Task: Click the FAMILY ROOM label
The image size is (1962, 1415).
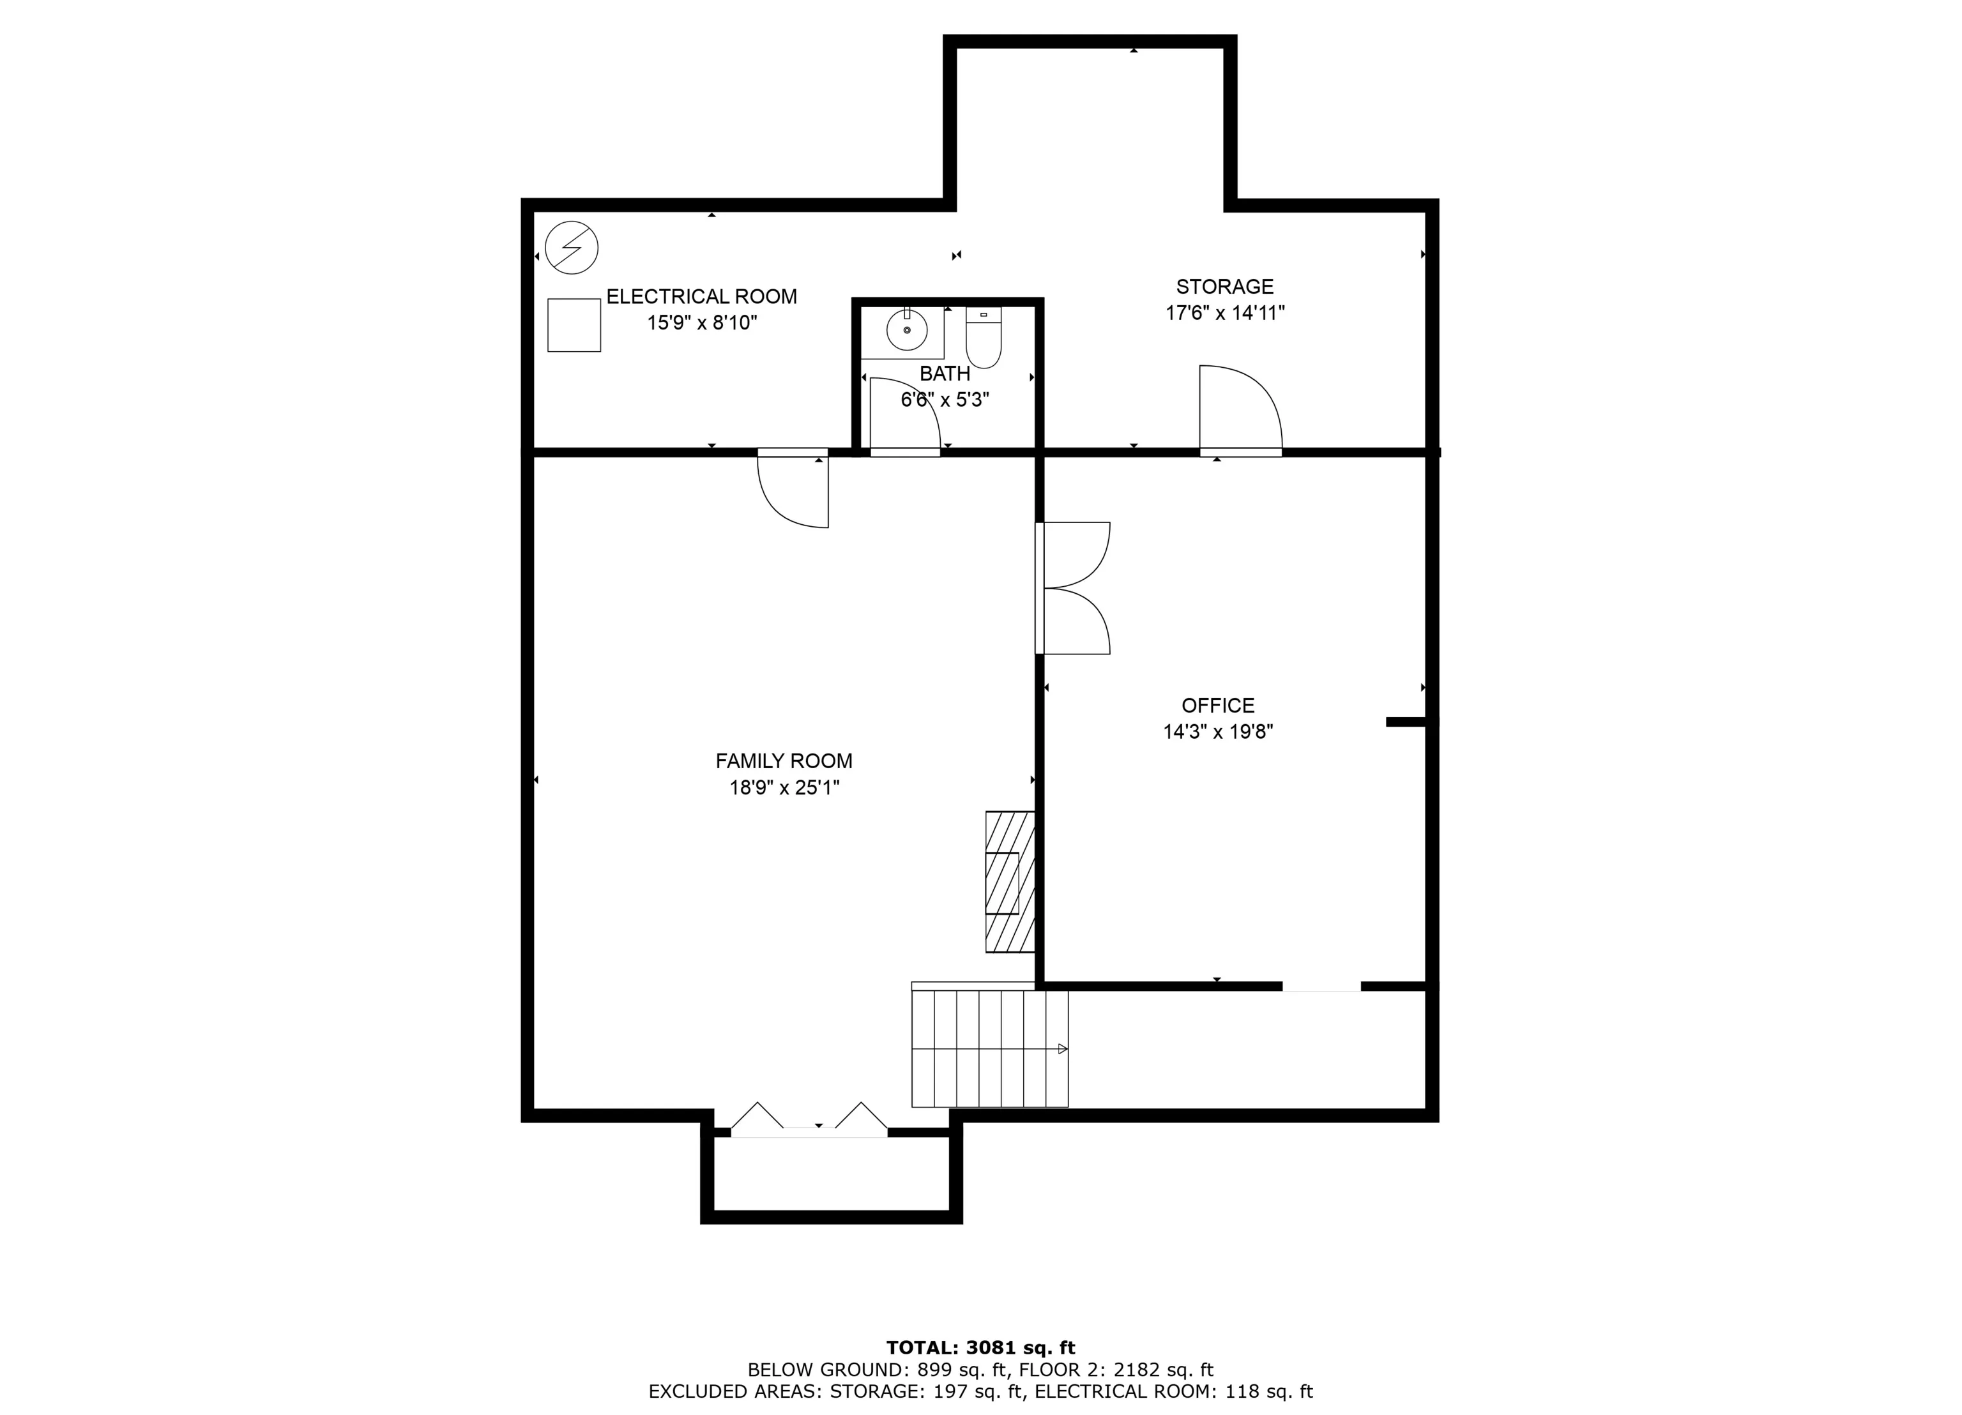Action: (x=784, y=761)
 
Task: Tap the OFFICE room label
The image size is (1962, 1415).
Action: (x=1218, y=706)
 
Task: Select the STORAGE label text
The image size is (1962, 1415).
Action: (x=1225, y=286)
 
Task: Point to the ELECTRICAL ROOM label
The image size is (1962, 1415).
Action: (x=701, y=297)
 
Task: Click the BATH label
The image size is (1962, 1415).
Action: (x=945, y=374)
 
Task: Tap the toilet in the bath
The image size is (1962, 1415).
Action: (x=984, y=337)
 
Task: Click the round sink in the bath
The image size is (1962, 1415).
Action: (x=907, y=330)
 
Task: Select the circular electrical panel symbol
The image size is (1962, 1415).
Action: (x=572, y=248)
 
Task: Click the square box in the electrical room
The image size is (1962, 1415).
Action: (x=574, y=325)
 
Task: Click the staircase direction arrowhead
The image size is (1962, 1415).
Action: (x=1063, y=1049)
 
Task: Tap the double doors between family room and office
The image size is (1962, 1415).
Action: (x=1073, y=588)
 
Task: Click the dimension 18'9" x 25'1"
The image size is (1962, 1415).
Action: (x=784, y=788)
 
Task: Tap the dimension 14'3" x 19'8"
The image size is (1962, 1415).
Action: (x=1218, y=732)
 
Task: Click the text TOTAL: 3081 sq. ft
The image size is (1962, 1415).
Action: (x=981, y=1347)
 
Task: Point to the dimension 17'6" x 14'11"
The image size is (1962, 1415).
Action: (x=1225, y=313)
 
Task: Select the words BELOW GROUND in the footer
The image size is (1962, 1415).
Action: (x=825, y=1369)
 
